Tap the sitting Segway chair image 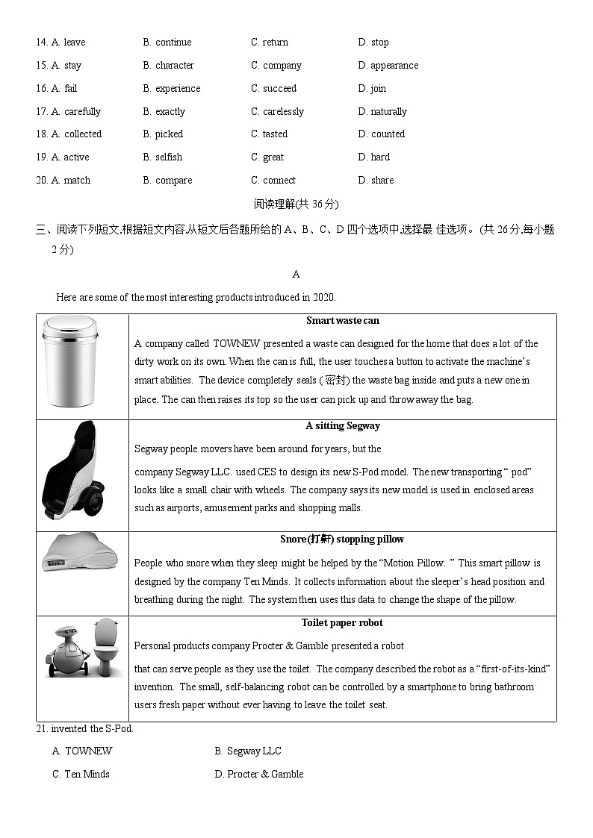[72, 470]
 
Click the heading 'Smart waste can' [342, 321]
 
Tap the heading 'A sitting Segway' [342, 426]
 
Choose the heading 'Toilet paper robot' [342, 623]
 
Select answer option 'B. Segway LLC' [248, 751]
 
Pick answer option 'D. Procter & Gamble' [259, 775]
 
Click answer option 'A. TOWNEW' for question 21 [82, 751]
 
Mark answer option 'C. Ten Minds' [81, 775]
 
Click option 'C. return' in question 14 [270, 43]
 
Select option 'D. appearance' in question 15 [388, 66]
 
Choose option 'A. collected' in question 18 [76, 134]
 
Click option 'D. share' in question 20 [376, 181]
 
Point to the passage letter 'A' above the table [296, 275]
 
